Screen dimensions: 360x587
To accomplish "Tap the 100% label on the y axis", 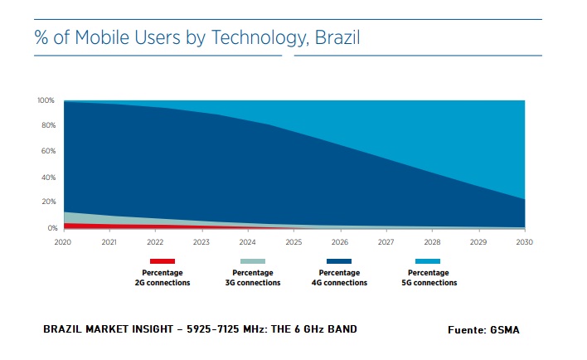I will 46,100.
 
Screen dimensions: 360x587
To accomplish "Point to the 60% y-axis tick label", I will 47,152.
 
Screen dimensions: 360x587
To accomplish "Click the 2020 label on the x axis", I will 64,242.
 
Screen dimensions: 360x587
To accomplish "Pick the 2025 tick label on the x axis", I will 293,242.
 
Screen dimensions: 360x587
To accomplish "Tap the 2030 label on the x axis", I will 524,242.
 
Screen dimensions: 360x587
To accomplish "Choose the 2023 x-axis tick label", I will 201,242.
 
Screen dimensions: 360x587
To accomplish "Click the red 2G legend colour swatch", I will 163,260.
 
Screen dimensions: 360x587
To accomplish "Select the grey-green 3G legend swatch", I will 252,260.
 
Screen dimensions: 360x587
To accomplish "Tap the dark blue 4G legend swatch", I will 339,260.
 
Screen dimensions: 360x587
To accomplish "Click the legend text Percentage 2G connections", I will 163,278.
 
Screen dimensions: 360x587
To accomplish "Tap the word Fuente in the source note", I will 466,330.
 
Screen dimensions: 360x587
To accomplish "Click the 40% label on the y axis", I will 47,178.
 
